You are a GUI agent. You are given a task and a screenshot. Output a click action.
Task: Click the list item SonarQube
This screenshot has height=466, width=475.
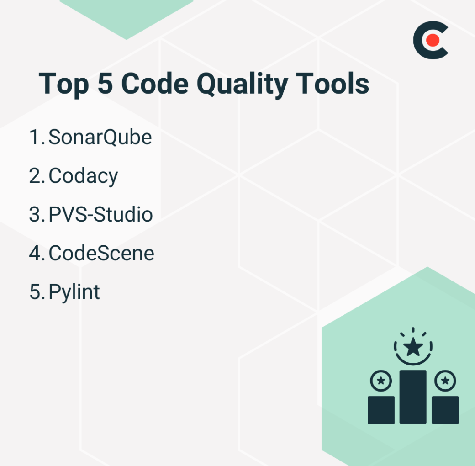[100, 137]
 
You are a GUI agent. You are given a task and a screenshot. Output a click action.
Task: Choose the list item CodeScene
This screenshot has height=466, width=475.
[101, 253]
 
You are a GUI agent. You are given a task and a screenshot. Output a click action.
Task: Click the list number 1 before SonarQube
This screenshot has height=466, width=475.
[35, 137]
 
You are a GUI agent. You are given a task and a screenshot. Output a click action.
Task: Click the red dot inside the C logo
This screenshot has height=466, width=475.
[432, 40]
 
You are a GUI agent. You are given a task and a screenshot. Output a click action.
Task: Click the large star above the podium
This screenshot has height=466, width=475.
[413, 348]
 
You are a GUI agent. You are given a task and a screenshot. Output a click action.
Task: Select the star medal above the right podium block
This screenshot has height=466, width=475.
[445, 380]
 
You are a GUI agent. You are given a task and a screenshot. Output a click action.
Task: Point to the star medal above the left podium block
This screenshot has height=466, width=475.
[381, 380]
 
